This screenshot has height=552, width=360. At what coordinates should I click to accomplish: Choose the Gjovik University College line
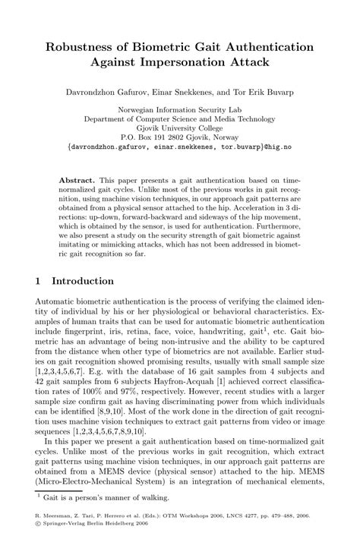coord(180,128)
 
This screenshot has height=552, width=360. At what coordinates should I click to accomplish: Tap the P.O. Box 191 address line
coord(180,138)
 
